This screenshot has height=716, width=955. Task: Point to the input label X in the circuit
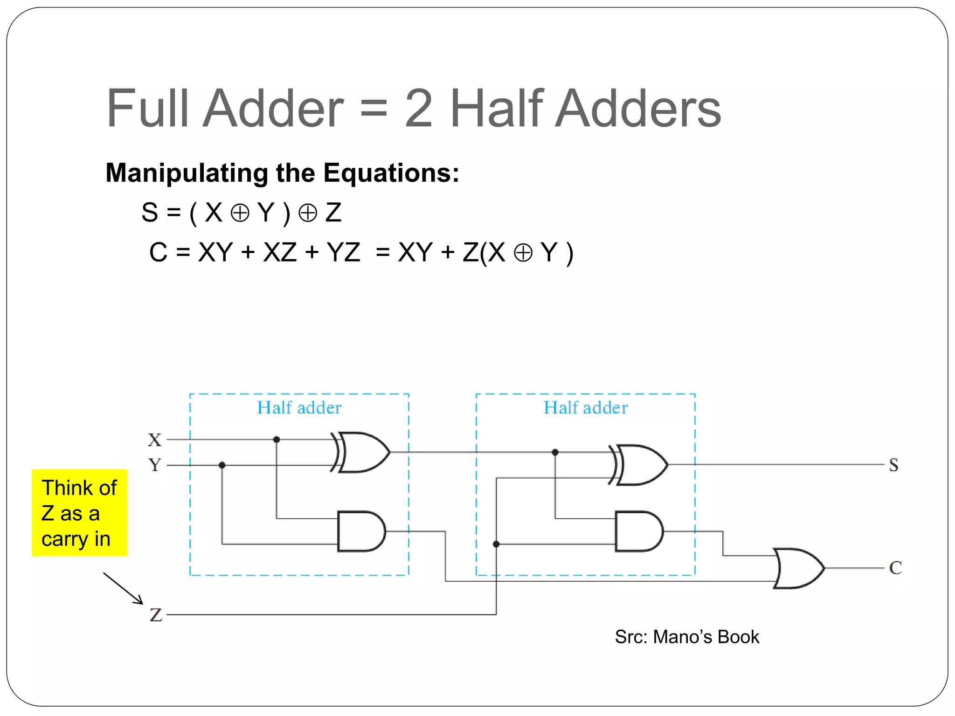pos(154,440)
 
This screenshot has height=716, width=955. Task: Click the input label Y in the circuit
pos(154,465)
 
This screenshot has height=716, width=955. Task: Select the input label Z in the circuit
pos(156,614)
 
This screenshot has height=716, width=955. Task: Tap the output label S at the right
pos(893,465)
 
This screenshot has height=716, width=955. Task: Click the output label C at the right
pos(895,568)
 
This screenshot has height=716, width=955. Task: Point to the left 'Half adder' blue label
pos(299,408)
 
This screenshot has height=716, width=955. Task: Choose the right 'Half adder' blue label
pos(586,408)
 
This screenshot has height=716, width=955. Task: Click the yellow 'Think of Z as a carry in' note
pos(79,513)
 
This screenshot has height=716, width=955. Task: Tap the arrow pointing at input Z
pos(124,588)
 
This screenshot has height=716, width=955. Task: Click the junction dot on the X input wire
pos(277,440)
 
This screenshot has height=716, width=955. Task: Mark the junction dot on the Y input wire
pos(222,465)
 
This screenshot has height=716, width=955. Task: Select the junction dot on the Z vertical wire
pos(496,544)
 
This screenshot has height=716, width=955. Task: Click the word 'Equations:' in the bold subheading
pos(391,173)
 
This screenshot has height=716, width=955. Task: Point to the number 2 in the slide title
pos(418,108)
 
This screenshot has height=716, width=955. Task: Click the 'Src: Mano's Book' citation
pos(687,637)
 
